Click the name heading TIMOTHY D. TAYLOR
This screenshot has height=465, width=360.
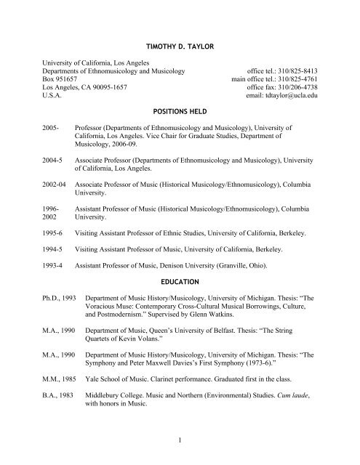click(x=180, y=46)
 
